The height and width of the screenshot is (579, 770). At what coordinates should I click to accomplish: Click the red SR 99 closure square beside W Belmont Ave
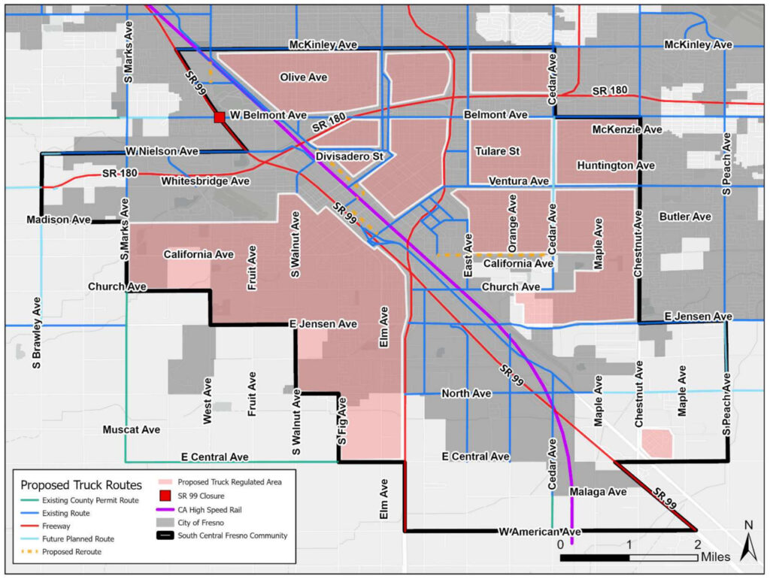pyautogui.click(x=219, y=117)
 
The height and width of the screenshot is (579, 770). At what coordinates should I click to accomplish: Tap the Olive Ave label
pyautogui.click(x=304, y=77)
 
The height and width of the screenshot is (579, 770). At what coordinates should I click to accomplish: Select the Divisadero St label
pyautogui.click(x=350, y=156)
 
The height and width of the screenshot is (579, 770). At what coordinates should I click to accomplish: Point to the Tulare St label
pyautogui.click(x=497, y=151)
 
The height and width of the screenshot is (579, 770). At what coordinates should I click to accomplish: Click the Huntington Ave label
pyautogui.click(x=616, y=165)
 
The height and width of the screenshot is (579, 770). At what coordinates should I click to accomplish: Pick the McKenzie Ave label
pyautogui.click(x=627, y=129)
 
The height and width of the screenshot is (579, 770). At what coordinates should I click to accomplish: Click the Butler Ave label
pyautogui.click(x=685, y=217)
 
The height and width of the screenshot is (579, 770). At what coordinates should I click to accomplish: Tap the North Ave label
pyautogui.click(x=466, y=393)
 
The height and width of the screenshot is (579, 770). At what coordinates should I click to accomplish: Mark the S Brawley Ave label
pyautogui.click(x=35, y=332)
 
